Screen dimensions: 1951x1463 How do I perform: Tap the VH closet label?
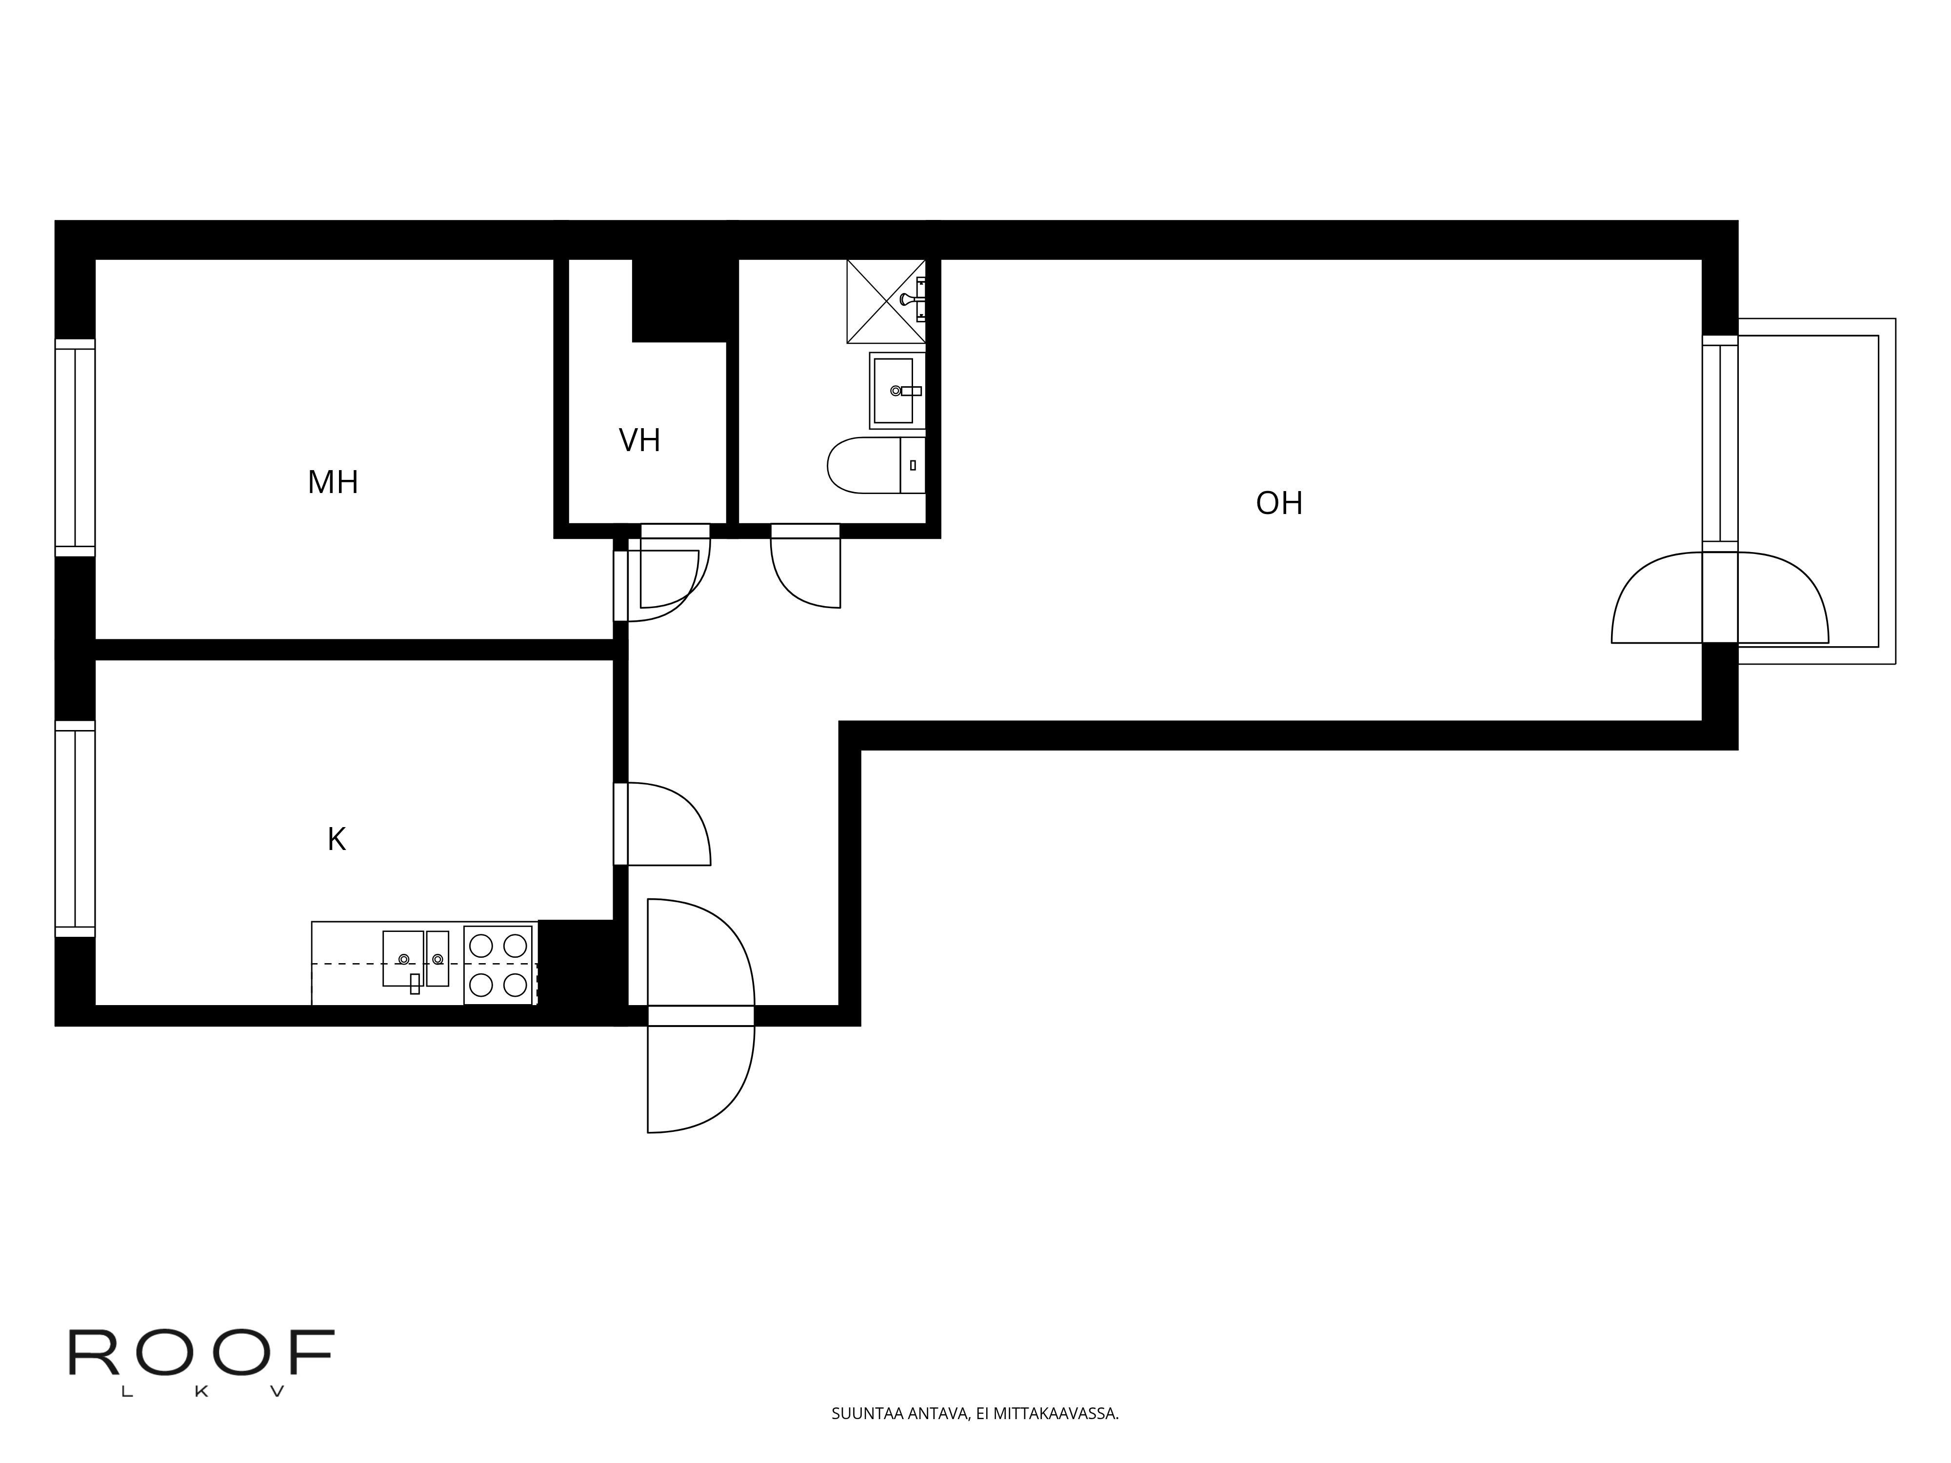coord(639,440)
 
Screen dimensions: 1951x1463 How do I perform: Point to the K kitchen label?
coord(336,840)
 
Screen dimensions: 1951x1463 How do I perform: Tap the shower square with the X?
coord(886,301)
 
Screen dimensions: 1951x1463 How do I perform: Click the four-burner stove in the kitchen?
coord(498,965)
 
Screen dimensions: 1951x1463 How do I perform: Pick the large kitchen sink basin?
coord(403,959)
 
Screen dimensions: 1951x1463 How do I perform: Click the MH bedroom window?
coord(75,448)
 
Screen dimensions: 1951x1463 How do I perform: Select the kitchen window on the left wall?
coord(75,829)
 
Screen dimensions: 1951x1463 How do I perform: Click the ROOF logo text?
coord(202,1354)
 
